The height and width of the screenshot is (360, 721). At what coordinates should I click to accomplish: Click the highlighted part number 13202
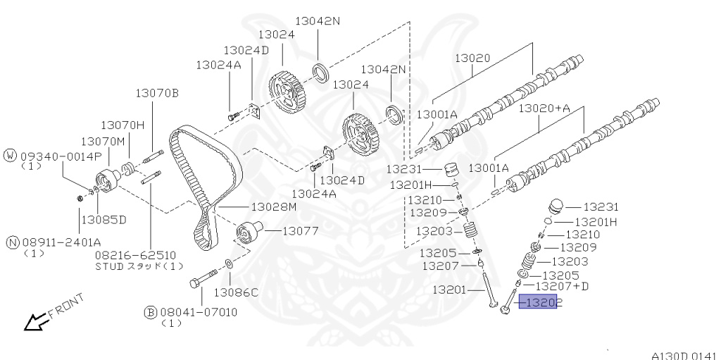coord(537,303)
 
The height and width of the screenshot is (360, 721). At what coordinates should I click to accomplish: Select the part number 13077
coord(301,230)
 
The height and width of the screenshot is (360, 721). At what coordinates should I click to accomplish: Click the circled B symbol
coord(150,311)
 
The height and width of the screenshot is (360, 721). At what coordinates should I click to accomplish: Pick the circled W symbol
coord(11,155)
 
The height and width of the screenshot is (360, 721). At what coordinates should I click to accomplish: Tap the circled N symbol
coord(12,242)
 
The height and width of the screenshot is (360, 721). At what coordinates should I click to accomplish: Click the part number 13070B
coord(158,93)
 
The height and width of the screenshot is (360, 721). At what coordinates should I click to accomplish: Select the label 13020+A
coord(544,109)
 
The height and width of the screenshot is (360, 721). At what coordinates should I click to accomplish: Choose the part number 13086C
coord(237,291)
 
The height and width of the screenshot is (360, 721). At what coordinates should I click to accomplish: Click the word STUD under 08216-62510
coord(109,266)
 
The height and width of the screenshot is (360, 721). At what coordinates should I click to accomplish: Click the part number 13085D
coord(103,219)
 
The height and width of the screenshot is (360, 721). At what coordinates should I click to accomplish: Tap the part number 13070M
coord(102,142)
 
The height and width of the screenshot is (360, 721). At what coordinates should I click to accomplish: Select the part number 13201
coord(451,290)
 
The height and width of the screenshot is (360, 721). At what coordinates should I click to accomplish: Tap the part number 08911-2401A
coord(59,242)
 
